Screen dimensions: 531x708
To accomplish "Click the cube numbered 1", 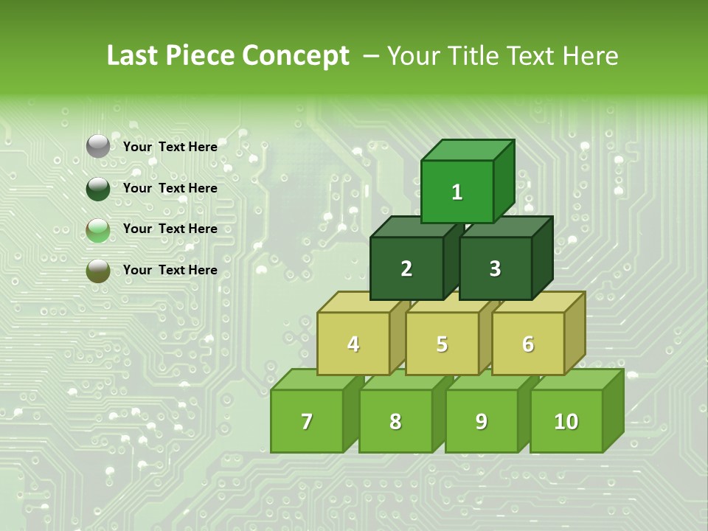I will coord(457,192).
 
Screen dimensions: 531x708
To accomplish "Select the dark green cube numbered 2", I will coord(406,268).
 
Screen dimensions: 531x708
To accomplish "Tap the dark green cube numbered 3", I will coord(495,268).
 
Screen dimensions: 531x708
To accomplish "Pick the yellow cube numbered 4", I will coord(353,344).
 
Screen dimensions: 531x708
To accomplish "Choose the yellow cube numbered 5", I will coord(442,344).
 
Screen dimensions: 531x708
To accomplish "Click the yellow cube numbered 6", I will coord(528,344).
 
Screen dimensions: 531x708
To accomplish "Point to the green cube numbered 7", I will coord(307,421).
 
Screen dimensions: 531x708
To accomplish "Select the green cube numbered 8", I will coord(395,421).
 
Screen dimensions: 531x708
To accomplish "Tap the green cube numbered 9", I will coord(481,421).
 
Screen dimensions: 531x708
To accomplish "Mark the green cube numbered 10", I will coord(566,421).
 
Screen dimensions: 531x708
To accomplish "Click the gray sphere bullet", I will coord(98,147).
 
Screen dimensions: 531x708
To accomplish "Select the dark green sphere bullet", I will coord(98,189).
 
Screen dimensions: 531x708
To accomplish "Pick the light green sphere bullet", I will coord(98,230).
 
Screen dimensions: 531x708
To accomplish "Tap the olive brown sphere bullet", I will coord(98,271).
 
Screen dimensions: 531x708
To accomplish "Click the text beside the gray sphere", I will coord(170,147).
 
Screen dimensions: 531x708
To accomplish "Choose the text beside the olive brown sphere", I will coord(170,270).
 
